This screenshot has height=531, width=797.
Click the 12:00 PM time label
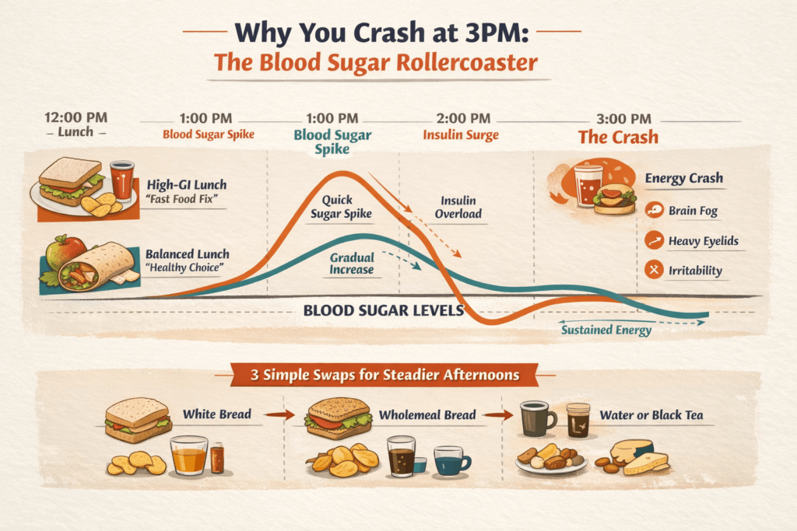click(75, 117)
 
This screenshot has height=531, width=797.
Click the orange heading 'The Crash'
click(618, 138)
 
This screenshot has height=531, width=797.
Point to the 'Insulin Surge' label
click(460, 134)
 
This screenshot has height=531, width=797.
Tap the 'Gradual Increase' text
click(351, 264)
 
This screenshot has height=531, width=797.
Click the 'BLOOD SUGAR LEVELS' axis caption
click(383, 310)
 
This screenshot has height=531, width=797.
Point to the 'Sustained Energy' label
click(606, 330)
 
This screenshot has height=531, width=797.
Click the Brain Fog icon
click(656, 209)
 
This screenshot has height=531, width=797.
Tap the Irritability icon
click(656, 271)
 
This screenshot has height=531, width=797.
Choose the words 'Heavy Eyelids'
click(704, 241)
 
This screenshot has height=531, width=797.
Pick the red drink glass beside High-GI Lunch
click(121, 181)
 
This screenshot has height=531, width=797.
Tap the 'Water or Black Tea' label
click(651, 415)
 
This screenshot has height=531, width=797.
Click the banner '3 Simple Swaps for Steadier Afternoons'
click(385, 376)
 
